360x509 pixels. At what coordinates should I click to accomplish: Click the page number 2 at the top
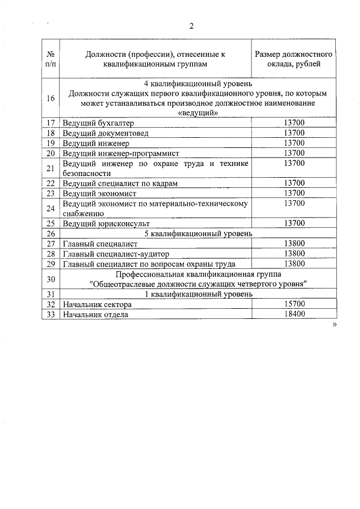pyautogui.click(x=191, y=26)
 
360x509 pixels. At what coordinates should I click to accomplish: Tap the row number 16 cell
pyautogui.click(x=51, y=98)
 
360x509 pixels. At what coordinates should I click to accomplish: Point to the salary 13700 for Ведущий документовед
pyautogui.click(x=294, y=133)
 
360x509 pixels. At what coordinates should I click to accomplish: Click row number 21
pyautogui.click(x=51, y=168)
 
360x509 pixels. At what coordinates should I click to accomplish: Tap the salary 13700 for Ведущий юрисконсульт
pyautogui.click(x=294, y=223)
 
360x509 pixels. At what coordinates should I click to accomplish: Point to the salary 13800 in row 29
pyautogui.click(x=294, y=264)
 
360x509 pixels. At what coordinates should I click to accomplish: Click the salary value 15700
pyautogui.click(x=294, y=304)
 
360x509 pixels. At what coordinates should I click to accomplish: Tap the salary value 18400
pyautogui.click(x=294, y=314)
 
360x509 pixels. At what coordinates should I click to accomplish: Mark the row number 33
pyautogui.click(x=51, y=314)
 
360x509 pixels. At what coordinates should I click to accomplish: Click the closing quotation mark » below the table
pyautogui.click(x=335, y=325)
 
